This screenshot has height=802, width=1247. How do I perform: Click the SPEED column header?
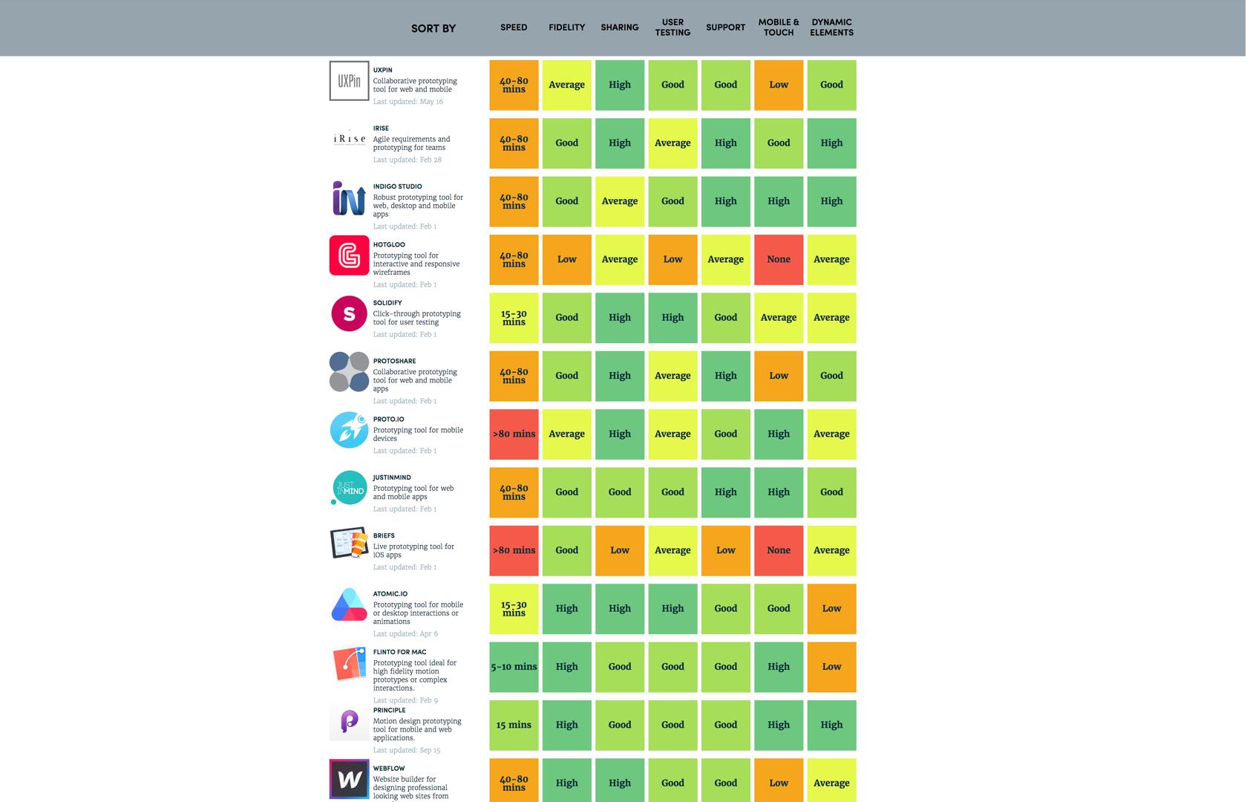[x=514, y=27]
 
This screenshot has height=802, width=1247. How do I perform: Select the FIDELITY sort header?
[x=566, y=27]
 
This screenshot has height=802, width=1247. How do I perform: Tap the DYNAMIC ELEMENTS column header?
[x=831, y=27]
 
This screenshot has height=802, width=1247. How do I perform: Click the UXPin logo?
[x=349, y=81]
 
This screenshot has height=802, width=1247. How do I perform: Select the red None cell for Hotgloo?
[x=779, y=260]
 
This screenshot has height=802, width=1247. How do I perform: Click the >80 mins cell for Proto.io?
[x=514, y=434]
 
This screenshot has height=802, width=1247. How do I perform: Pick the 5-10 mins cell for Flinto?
[x=514, y=667]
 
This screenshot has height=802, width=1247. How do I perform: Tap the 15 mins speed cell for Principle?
[x=514, y=725]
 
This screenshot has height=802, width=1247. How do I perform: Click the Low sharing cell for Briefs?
[x=620, y=550]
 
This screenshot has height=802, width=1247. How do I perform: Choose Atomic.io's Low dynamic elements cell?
[x=831, y=609]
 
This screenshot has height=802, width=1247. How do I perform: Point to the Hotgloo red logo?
[x=349, y=255]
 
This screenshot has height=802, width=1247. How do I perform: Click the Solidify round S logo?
[x=349, y=313]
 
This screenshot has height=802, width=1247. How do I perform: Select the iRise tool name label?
[x=381, y=128]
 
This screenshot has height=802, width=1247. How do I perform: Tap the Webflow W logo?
[x=349, y=779]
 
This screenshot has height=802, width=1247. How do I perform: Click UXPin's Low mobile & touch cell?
[x=779, y=85]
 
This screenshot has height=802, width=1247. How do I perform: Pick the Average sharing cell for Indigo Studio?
[x=620, y=201]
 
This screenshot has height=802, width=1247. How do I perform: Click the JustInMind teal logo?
[x=349, y=488]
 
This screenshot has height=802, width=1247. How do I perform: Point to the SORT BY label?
[x=433, y=28]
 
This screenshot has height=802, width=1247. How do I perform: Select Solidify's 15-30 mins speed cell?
[x=514, y=318]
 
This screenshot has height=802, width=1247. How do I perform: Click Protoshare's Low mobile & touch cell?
[x=779, y=376]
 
